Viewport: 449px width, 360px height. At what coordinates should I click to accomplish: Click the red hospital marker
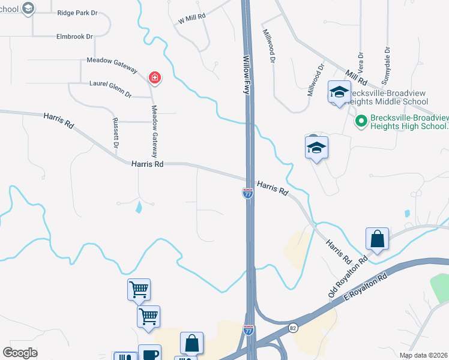tap(155, 78)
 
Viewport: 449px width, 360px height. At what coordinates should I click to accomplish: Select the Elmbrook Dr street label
tap(74, 37)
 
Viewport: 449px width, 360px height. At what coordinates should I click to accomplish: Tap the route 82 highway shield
tap(293, 328)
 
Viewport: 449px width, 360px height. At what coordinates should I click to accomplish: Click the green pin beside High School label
tap(361, 122)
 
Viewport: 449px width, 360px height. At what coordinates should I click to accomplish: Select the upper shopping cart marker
tap(139, 290)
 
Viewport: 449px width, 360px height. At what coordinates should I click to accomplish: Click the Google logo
tap(20, 353)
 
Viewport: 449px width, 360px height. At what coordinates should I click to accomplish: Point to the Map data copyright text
tap(423, 355)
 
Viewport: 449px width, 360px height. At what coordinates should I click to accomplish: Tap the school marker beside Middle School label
tap(339, 92)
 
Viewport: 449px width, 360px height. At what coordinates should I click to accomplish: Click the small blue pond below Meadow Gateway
tap(139, 208)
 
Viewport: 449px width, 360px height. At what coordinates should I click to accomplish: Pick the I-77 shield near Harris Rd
tap(247, 193)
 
